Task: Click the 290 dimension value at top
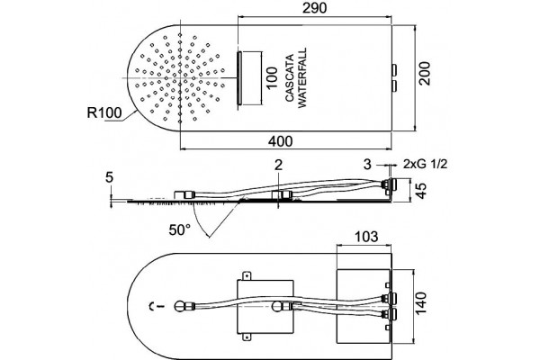(314, 8)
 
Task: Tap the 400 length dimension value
(280, 141)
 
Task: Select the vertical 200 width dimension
(424, 74)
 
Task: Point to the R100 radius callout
(104, 112)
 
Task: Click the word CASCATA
(290, 78)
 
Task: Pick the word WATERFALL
(301, 78)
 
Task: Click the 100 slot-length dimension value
(272, 78)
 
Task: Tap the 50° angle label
(179, 229)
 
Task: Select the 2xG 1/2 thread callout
(426, 164)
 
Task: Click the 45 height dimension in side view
(421, 191)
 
